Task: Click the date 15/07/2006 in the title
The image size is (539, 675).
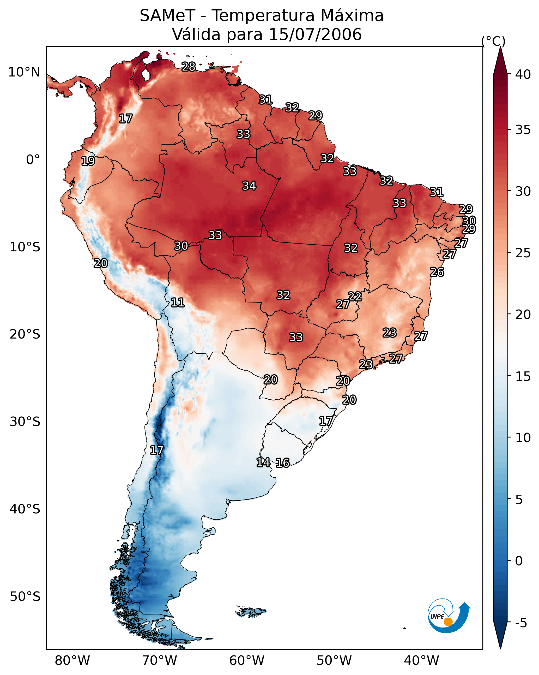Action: click(x=315, y=34)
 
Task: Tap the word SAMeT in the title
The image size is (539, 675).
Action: click(x=167, y=16)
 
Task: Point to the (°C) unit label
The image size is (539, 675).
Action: click(x=493, y=41)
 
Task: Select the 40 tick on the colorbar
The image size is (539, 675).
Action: click(x=523, y=74)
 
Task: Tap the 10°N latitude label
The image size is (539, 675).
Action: click(x=24, y=72)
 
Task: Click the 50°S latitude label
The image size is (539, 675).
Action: click(x=25, y=597)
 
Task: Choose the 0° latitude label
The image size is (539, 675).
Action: click(x=33, y=160)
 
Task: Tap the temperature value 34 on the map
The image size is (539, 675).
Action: click(x=249, y=186)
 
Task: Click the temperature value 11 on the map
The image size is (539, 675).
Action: click(x=177, y=303)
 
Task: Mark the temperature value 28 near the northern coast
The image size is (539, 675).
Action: click(x=189, y=67)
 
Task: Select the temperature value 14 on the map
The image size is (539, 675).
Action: click(x=263, y=463)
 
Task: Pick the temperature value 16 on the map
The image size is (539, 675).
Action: click(x=283, y=463)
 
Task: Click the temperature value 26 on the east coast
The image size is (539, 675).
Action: click(x=437, y=272)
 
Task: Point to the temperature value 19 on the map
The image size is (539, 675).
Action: click(x=88, y=161)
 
